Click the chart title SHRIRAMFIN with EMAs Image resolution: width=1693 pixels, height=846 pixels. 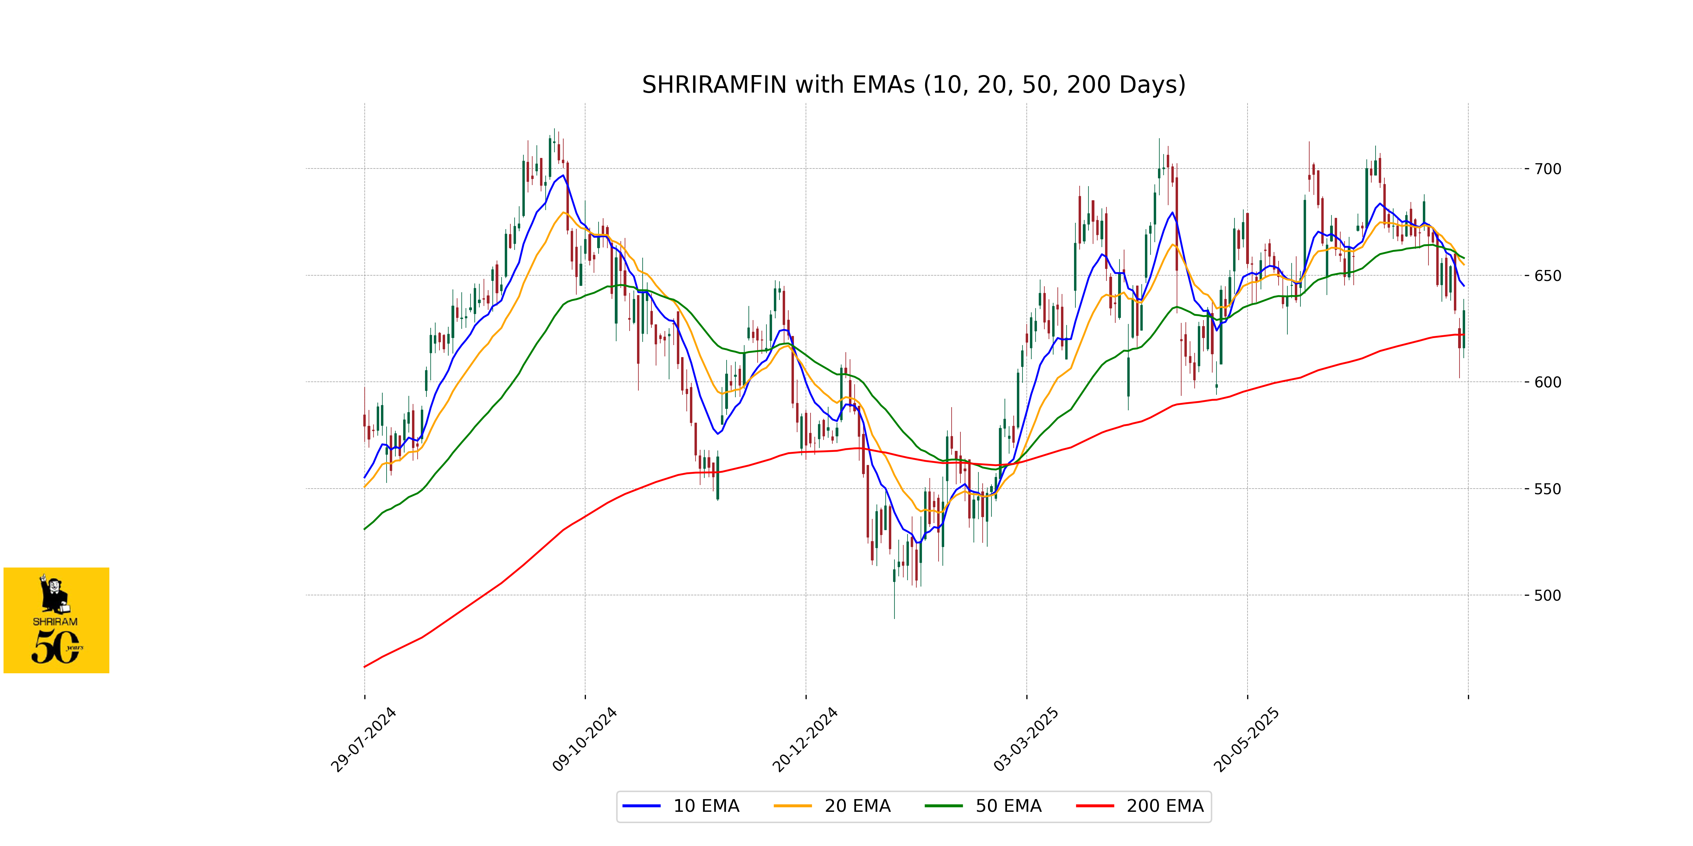(x=914, y=85)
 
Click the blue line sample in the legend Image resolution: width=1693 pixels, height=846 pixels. (x=642, y=806)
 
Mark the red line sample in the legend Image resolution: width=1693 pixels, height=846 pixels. (x=1095, y=806)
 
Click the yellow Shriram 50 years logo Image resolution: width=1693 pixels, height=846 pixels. (x=56, y=620)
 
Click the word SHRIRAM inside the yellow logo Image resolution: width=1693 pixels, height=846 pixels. (x=55, y=621)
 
